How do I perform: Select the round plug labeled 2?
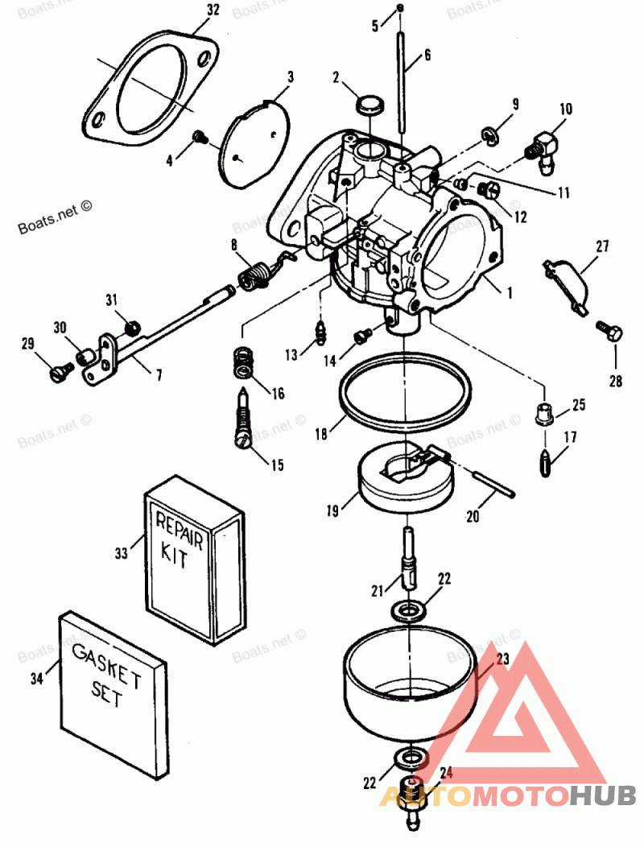tap(369, 105)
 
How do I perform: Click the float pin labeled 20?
tap(484, 481)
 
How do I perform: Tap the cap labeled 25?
tap(545, 415)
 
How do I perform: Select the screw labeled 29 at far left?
tap(58, 370)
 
